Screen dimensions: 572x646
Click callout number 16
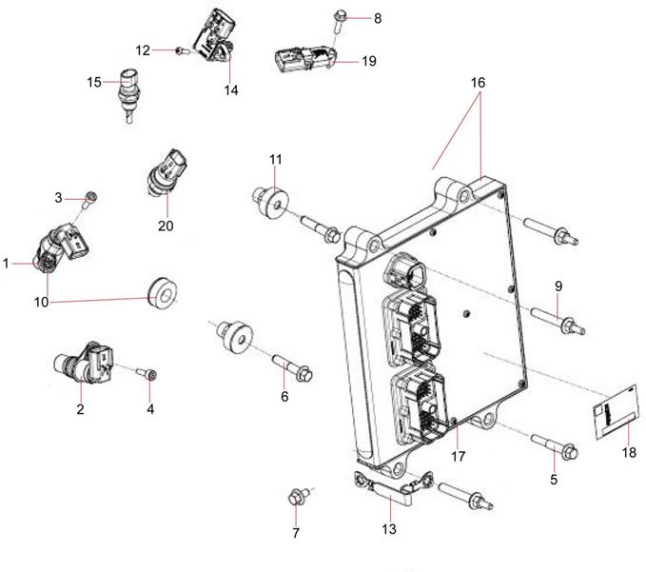coord(478,83)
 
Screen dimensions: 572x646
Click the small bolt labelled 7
coord(296,496)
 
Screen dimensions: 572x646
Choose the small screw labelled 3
coord(88,198)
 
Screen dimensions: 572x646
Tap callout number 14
coord(231,90)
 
